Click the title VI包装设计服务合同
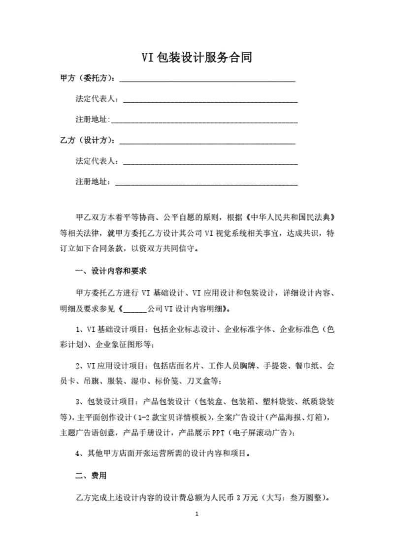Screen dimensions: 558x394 tap(197, 58)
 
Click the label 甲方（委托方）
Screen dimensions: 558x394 tap(88, 78)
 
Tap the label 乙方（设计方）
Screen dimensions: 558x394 tap(88, 140)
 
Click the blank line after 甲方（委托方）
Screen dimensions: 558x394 tap(207, 79)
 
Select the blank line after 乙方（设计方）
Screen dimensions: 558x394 tap(207, 141)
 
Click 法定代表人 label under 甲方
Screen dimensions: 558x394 tap(96, 99)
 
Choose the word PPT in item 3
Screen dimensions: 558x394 tap(219, 433)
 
